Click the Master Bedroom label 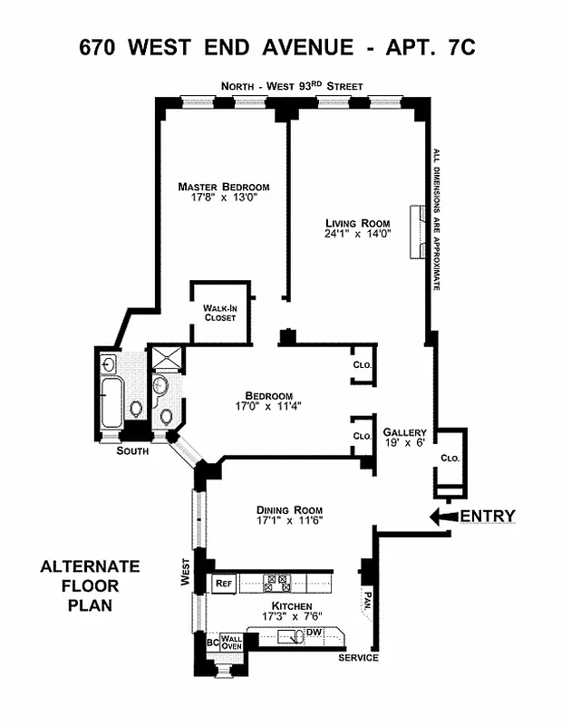pos(223,188)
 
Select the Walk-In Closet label pos(219,313)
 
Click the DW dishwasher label pos(315,632)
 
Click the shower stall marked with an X pos(165,359)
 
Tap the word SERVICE pos(357,657)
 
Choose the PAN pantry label pos(366,600)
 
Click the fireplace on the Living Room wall pos(419,232)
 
